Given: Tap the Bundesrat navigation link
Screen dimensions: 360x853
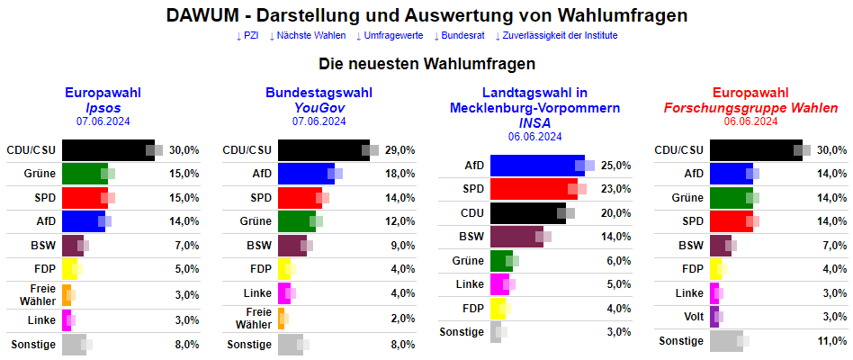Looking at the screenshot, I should (462, 35).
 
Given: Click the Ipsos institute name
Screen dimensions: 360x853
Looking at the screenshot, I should (103, 108).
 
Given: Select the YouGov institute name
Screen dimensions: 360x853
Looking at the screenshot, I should (319, 108).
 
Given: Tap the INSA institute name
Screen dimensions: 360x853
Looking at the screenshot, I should (534, 122).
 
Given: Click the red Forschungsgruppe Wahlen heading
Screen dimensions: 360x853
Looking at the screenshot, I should (750, 108).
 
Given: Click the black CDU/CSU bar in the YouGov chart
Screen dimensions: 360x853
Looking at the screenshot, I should (322, 150).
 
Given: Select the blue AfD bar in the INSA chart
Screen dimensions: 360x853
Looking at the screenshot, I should (536, 166).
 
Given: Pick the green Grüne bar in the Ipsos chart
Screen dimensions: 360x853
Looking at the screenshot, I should (84, 174).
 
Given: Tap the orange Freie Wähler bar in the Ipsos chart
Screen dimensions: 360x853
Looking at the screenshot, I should (66, 294).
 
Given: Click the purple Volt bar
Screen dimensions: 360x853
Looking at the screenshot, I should (714, 317).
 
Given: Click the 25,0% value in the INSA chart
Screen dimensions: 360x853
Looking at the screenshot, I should (616, 166).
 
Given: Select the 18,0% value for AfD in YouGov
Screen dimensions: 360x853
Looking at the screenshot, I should (400, 174).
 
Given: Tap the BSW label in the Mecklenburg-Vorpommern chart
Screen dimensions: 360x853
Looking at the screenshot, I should (471, 237).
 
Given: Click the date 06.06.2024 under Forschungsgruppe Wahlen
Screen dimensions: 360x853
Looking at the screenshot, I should (750, 121).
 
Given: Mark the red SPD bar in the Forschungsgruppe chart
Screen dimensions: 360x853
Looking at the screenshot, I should (731, 221).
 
